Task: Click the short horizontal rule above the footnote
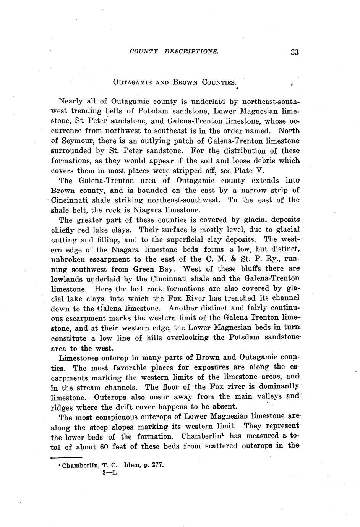(66, 458)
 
